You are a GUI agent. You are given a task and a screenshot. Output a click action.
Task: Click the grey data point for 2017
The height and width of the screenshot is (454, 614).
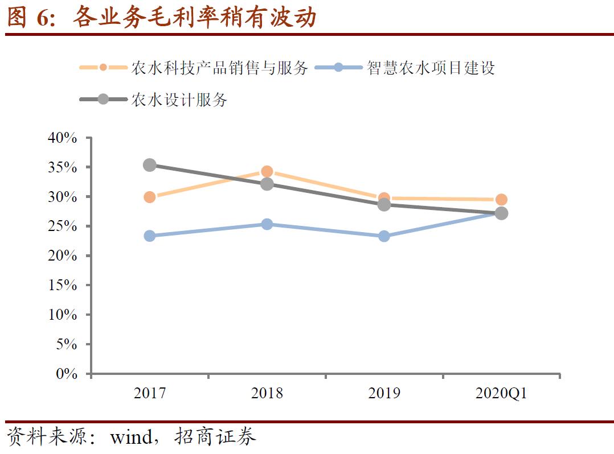[x=150, y=165]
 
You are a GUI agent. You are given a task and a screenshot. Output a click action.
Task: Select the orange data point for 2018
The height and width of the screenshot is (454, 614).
[x=267, y=171]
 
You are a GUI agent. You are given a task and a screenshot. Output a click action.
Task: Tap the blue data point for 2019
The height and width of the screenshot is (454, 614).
[x=384, y=236]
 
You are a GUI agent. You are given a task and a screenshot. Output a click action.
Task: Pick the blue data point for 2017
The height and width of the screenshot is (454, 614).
[x=150, y=236]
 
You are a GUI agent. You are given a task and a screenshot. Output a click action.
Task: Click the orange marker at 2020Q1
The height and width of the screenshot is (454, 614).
[x=501, y=199]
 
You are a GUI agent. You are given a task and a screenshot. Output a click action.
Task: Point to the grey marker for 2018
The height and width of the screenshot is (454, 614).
[x=267, y=184]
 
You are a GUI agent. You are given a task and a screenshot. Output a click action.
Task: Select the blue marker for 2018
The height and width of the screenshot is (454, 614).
[x=267, y=224]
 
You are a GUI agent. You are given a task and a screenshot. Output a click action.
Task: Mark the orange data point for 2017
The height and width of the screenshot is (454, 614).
[x=150, y=197]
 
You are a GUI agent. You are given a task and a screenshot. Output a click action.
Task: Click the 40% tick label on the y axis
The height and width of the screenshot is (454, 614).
[x=64, y=138]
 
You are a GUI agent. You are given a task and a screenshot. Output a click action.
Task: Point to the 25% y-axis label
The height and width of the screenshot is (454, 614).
[x=64, y=226]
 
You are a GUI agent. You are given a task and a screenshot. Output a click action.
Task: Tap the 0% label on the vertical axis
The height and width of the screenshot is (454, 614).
[x=67, y=374]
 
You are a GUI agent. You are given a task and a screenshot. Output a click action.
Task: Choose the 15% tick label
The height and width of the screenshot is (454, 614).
[x=64, y=286]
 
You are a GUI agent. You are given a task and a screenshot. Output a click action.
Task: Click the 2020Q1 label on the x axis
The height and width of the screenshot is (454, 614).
[x=501, y=394]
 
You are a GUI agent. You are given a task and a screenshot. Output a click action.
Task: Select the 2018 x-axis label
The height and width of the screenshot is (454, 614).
[x=267, y=394]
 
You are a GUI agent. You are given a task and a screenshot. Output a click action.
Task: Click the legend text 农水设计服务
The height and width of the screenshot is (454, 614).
[x=179, y=100]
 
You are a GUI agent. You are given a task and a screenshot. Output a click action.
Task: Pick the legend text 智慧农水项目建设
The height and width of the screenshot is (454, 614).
[x=431, y=68]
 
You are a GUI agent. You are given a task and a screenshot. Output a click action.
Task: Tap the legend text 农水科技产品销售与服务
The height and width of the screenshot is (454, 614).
[x=219, y=68]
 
